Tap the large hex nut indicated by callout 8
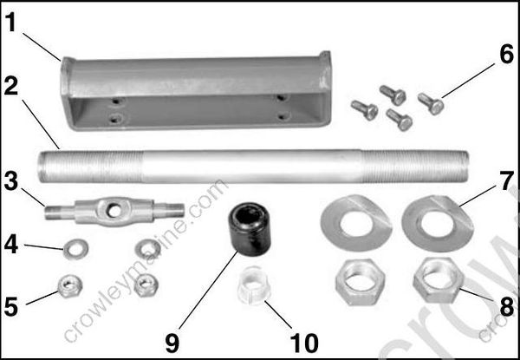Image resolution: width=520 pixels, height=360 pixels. click(x=437, y=279)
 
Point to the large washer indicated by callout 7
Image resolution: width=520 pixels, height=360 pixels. click(x=439, y=221)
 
